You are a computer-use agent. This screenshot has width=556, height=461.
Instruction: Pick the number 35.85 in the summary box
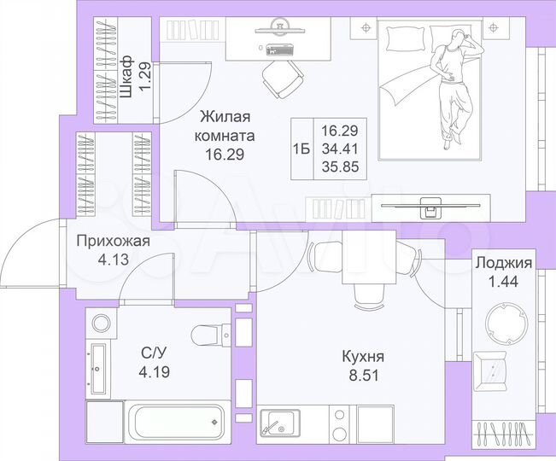[x=340, y=168]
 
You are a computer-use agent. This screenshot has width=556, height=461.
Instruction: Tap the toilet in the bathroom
[x=206, y=335]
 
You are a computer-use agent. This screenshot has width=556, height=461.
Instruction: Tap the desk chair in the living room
[x=282, y=77]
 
